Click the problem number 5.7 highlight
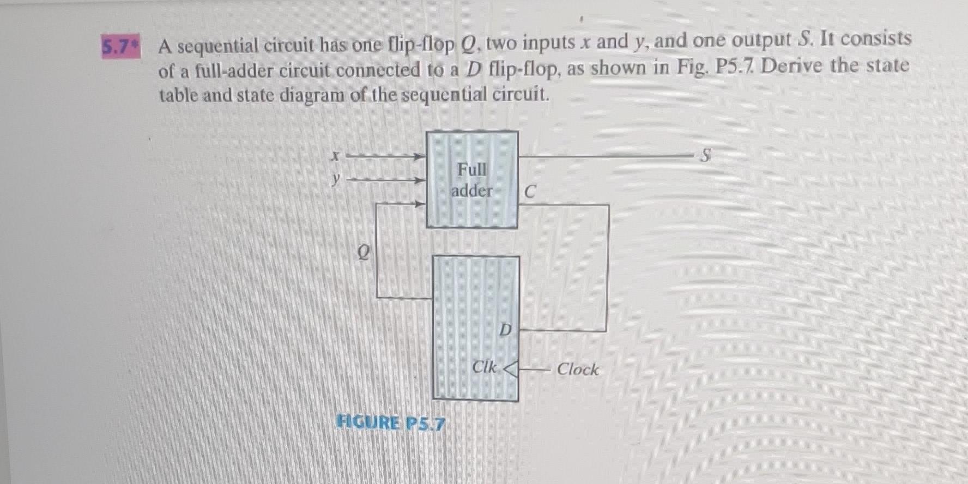[x=120, y=47]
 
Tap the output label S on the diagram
[x=705, y=156]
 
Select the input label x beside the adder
[x=336, y=156]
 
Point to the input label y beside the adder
[x=336, y=179]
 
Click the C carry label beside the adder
[x=530, y=192]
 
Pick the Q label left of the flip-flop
[x=363, y=252]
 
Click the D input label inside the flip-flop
[x=506, y=330]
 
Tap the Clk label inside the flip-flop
[x=484, y=367]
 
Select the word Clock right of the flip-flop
[x=577, y=370]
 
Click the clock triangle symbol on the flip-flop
[x=510, y=370]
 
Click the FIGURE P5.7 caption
[x=390, y=422]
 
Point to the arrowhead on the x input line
[x=420, y=157]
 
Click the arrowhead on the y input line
[x=420, y=180]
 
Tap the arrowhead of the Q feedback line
[x=420, y=204]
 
